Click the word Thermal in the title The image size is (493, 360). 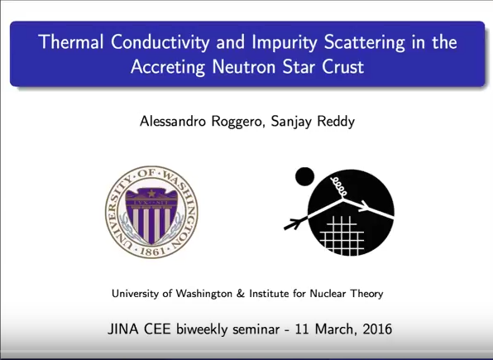(x=71, y=41)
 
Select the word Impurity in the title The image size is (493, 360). (x=285, y=43)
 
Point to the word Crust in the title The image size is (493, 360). (x=342, y=66)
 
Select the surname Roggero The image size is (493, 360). (x=237, y=122)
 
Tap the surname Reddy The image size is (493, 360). (x=336, y=122)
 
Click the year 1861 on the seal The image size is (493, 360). (x=152, y=251)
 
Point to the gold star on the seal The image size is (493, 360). (x=151, y=193)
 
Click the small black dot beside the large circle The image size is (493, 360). (x=304, y=176)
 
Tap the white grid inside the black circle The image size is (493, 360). (x=342, y=235)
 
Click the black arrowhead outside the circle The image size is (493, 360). (x=294, y=223)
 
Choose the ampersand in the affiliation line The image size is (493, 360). (x=241, y=294)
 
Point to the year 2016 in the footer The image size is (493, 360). (x=377, y=329)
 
